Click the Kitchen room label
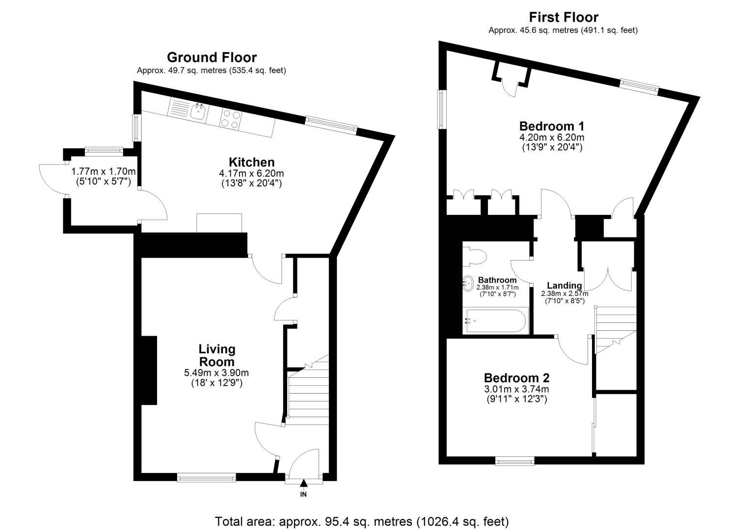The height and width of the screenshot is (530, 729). (x=251, y=162)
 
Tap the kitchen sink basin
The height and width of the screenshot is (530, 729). (x=198, y=112)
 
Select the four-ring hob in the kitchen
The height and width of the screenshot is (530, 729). (x=230, y=118)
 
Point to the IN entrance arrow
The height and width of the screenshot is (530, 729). (x=303, y=483)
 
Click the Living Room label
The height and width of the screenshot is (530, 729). (x=217, y=355)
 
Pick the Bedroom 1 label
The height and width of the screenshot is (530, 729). (x=552, y=126)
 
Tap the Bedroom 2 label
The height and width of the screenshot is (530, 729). (x=516, y=378)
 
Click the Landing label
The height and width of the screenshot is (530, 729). (x=565, y=285)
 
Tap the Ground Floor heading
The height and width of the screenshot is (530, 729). (x=212, y=57)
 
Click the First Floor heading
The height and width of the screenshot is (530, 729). (x=564, y=17)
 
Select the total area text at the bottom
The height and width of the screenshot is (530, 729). (x=362, y=522)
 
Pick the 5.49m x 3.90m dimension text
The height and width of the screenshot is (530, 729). (x=216, y=373)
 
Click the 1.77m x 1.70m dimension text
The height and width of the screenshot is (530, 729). (x=104, y=171)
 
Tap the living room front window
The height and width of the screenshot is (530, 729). (x=207, y=478)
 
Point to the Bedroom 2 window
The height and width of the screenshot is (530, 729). (x=514, y=461)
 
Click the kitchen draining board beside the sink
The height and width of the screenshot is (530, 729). (x=179, y=107)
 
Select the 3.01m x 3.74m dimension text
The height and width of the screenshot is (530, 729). (x=516, y=389)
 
